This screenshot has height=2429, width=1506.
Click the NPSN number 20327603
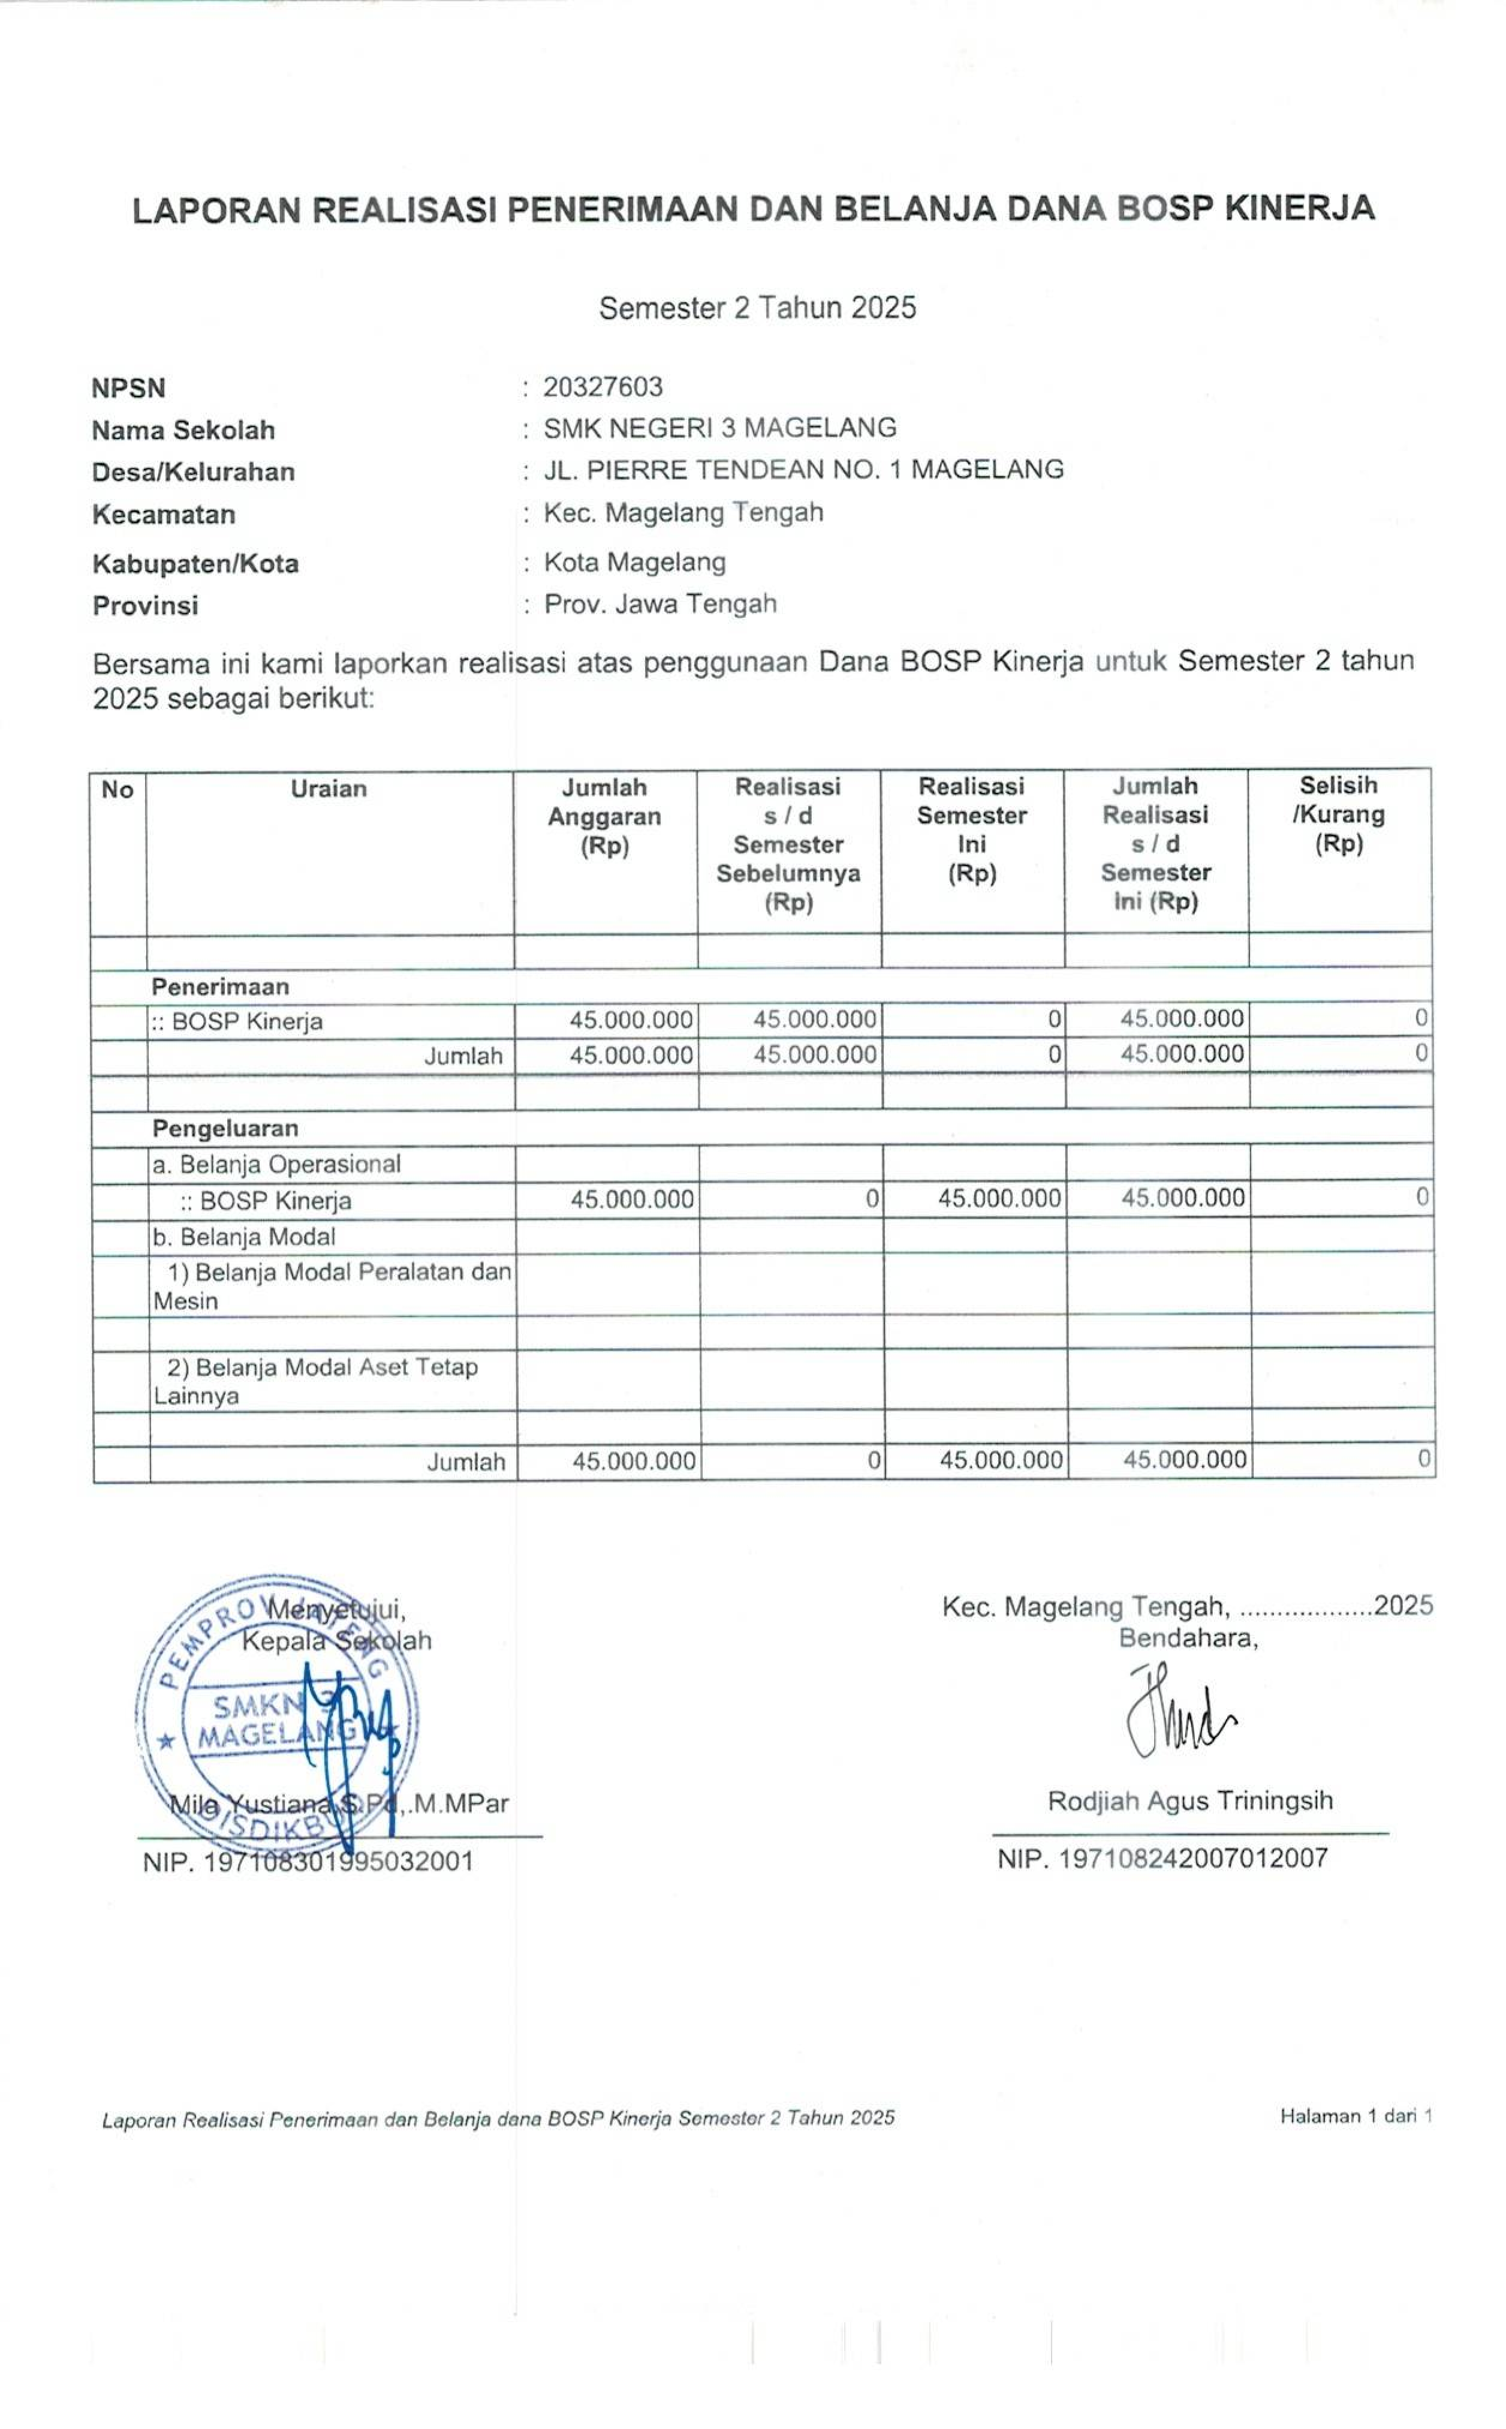pyautogui.click(x=603, y=387)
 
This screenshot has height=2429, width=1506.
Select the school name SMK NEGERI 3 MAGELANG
pyautogui.click(x=719, y=428)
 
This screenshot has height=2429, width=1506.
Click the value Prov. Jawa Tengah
pyautogui.click(x=659, y=605)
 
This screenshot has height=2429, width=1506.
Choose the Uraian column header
pyautogui.click(x=329, y=789)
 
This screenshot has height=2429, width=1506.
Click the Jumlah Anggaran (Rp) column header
pyautogui.click(x=604, y=816)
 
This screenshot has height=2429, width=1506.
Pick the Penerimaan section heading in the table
pyautogui.click(x=220, y=987)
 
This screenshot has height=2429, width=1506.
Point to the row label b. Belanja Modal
pyautogui.click(x=244, y=1237)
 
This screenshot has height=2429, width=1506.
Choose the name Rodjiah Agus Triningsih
pyautogui.click(x=1189, y=1800)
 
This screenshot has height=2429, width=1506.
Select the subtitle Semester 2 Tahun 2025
pyautogui.click(x=757, y=308)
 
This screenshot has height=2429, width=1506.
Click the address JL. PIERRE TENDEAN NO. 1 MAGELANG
pyautogui.click(x=803, y=469)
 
